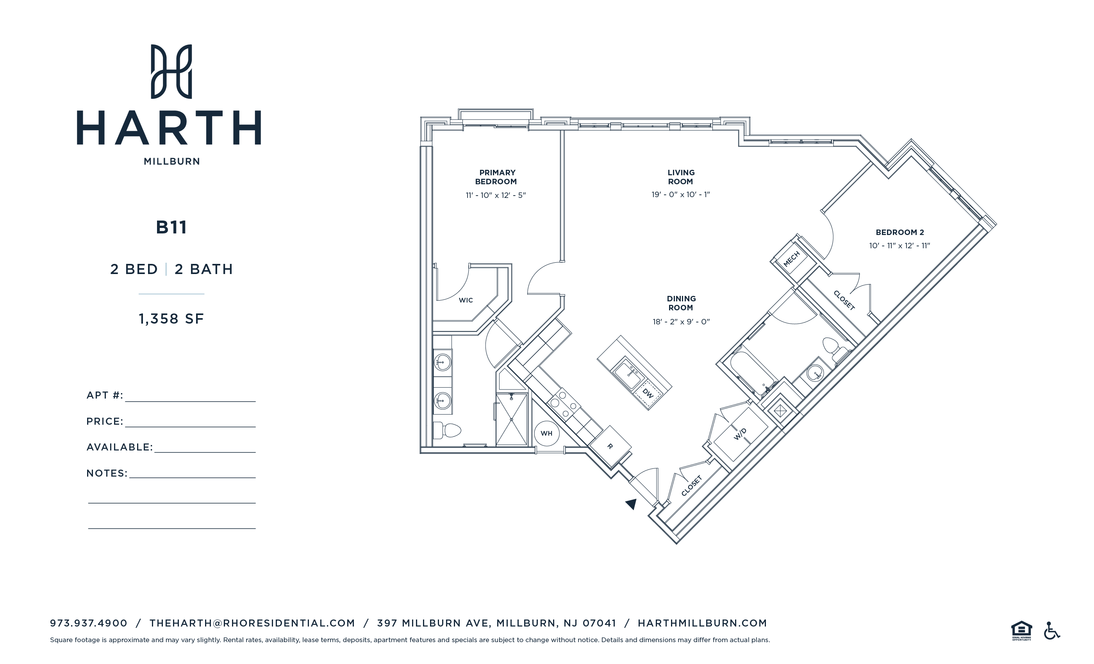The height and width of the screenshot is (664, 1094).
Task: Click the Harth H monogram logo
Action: (x=171, y=71)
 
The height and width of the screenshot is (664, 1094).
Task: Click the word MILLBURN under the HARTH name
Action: (x=171, y=162)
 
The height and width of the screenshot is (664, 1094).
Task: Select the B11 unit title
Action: (x=171, y=227)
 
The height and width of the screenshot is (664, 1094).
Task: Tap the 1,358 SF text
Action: (x=171, y=319)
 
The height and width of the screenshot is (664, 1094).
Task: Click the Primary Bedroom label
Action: (x=496, y=177)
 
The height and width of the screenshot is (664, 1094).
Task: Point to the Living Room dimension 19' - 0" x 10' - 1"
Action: (x=680, y=194)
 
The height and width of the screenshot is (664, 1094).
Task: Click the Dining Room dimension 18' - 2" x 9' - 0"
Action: (x=681, y=322)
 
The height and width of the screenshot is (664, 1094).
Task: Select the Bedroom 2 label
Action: (x=899, y=232)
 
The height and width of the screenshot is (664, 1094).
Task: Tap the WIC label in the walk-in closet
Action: (x=466, y=301)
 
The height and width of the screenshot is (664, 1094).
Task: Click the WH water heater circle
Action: (x=546, y=433)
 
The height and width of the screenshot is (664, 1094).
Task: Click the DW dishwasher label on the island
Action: (x=648, y=393)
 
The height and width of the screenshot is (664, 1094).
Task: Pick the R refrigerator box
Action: (x=610, y=446)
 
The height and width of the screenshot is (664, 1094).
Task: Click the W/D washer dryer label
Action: (x=740, y=434)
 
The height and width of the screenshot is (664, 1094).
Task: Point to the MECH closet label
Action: (x=791, y=258)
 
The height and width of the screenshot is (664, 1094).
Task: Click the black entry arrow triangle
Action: (x=631, y=504)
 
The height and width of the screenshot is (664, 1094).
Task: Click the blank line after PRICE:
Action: (x=190, y=422)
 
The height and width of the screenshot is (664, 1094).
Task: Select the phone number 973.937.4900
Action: (x=88, y=623)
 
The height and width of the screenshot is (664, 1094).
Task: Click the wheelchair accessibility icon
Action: (x=1051, y=631)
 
